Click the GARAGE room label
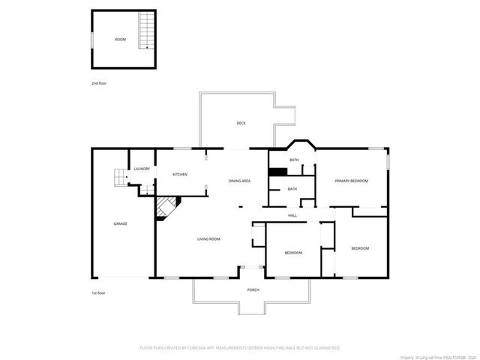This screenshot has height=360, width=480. tap(120, 223)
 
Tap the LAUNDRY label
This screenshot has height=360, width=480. tap(142, 169)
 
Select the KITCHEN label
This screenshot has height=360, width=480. tap(180, 175)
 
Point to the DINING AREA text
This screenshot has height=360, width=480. tap(239, 181)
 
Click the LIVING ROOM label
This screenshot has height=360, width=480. tap(208, 239)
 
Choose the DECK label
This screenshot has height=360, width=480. tap(241, 123)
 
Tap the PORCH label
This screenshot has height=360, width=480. tap(253, 289)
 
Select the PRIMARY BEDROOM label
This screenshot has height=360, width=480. tap(351, 181)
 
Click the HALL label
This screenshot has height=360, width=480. tap(293, 216)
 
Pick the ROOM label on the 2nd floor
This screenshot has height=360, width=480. tap(120, 39)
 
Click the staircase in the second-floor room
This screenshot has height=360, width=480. tap(145, 34)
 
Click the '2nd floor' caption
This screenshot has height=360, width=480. tap(99, 82)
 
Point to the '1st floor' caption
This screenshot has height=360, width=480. tap(98, 293)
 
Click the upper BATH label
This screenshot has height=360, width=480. tap(295, 160)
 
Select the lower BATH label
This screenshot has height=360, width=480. tap(292, 189)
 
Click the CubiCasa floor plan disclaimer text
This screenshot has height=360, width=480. tap(240, 348)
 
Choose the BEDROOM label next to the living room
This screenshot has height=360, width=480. tap(293, 253)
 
